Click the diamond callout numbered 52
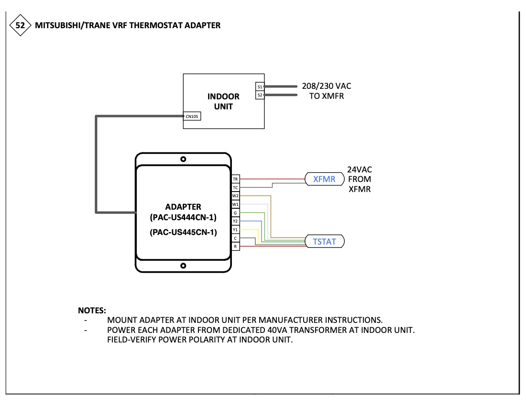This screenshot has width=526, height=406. (x=20, y=25)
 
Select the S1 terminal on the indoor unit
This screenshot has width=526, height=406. (x=259, y=87)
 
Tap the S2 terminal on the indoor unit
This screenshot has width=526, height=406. (x=259, y=95)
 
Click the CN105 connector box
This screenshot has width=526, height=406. (x=192, y=116)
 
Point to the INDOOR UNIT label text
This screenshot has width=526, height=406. (x=223, y=101)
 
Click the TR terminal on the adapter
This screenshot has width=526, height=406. (x=235, y=179)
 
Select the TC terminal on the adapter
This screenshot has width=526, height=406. (x=235, y=188)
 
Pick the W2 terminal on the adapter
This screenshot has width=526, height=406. (x=235, y=196)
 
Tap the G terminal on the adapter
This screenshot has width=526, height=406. (x=235, y=213)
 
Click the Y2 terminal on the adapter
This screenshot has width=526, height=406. (x=235, y=221)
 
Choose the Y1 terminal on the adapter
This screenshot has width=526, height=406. (x=235, y=229)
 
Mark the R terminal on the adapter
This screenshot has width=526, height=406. (x=235, y=246)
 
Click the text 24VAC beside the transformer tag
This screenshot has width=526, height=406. (x=360, y=170)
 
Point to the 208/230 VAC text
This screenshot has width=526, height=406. (x=326, y=86)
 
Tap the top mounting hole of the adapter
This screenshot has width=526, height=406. (x=183, y=159)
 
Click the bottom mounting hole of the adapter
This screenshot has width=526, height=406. (x=183, y=265)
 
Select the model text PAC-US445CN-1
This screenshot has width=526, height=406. (x=183, y=233)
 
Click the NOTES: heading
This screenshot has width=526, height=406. (x=92, y=310)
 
